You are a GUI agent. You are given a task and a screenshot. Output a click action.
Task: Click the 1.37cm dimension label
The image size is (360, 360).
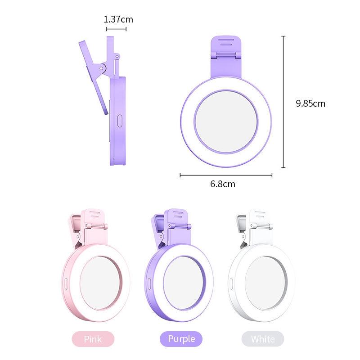[x=118, y=19]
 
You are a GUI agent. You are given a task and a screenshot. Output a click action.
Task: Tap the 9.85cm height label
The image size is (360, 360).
[x=310, y=103]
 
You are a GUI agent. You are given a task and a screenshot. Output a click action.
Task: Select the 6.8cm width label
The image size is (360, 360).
[x=223, y=184]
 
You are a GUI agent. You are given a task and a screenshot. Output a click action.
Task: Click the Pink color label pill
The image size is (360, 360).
[x=93, y=339]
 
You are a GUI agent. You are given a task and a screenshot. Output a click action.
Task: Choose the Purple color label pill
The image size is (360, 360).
[x=181, y=339]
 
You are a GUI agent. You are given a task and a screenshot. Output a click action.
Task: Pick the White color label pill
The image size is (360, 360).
[x=263, y=339]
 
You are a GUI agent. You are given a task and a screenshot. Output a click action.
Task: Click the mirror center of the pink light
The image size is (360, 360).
[x=100, y=283]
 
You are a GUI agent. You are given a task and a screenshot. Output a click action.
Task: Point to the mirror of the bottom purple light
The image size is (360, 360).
[x=183, y=283]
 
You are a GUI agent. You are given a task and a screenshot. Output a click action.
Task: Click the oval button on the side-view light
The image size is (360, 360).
[x=120, y=121]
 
